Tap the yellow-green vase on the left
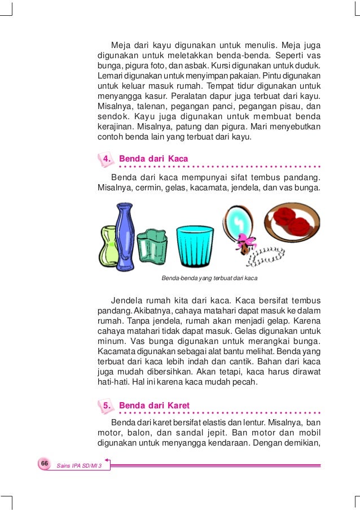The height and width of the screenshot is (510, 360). (109, 246)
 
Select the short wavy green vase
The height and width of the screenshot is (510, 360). (152, 246)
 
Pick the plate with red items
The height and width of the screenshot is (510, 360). (291, 221)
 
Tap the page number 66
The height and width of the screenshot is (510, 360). (43, 463)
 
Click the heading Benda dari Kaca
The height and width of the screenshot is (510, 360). (153, 159)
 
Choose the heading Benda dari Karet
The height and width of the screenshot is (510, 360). (154, 406)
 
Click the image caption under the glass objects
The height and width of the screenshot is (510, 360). (209, 278)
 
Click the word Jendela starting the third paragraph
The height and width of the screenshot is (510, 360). (129, 299)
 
